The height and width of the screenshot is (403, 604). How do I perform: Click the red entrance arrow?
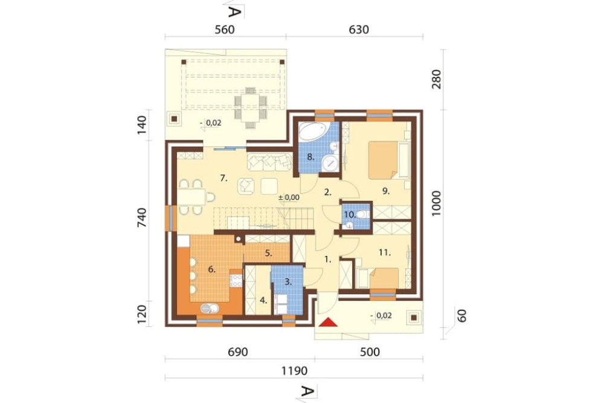click(x=328, y=322)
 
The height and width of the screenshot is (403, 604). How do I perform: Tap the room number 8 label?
click(x=311, y=157)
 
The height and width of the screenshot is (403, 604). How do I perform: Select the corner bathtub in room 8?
click(x=313, y=131)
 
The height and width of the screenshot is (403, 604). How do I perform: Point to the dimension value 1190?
click(x=294, y=371)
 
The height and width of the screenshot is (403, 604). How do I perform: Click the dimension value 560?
click(x=225, y=30)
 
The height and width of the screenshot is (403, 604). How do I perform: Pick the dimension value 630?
click(x=359, y=30)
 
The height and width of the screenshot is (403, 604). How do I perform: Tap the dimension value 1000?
click(x=436, y=203)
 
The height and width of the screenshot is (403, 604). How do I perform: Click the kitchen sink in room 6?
click(x=210, y=308)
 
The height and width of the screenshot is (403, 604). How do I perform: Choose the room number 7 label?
click(x=224, y=178)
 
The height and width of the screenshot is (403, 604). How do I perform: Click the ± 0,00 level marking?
click(x=289, y=197)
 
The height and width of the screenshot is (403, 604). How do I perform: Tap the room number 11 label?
click(x=384, y=253)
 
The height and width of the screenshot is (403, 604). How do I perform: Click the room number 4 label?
click(x=263, y=300)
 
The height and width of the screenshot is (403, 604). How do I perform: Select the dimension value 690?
click(x=237, y=352)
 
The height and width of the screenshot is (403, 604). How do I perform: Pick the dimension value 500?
click(x=370, y=352)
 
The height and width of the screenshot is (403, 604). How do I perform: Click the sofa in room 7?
click(x=269, y=162)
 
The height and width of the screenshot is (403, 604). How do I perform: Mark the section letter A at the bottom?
click(x=306, y=391)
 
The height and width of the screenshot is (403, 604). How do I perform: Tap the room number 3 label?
click(x=288, y=282)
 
